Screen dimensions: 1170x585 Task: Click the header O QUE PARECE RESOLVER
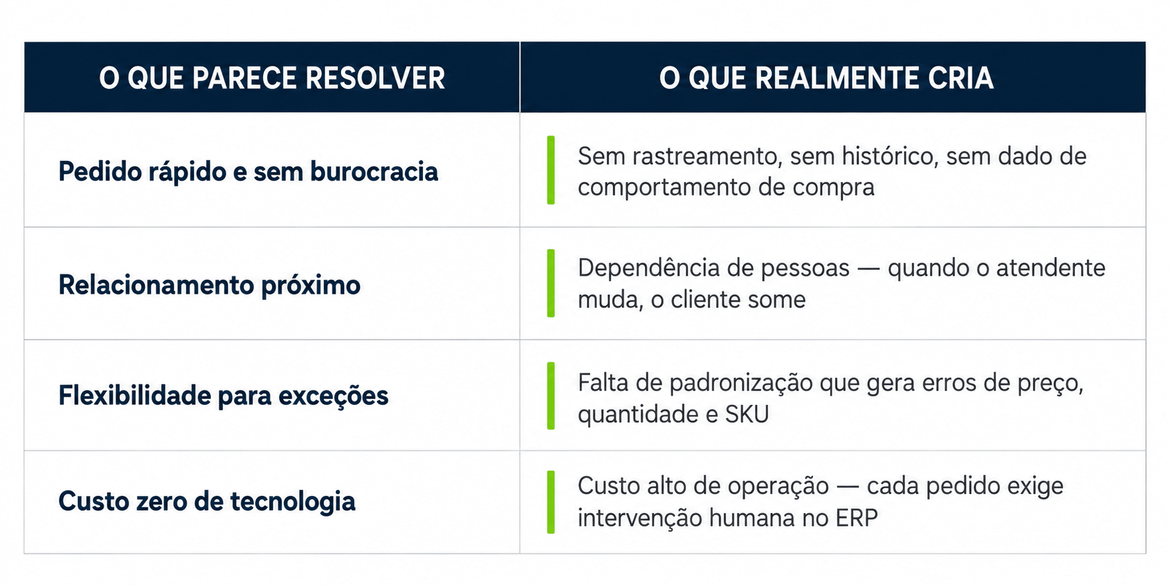pos(272,78)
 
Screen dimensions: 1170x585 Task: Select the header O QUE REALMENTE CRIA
pos(826,78)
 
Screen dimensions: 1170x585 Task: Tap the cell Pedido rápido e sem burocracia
pos(248,171)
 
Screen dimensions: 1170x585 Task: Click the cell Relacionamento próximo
pos(209,285)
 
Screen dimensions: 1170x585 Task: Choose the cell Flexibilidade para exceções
pos(224,396)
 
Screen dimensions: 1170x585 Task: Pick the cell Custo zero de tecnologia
pos(206,501)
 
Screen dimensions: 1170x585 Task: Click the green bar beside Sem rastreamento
pos(551,170)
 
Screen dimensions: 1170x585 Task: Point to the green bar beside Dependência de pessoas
pos(551,283)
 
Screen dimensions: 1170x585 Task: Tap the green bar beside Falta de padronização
pos(551,396)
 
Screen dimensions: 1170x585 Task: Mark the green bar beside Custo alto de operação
pos(551,502)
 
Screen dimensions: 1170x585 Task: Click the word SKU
pos(747,414)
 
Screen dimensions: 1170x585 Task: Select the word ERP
pos(857,518)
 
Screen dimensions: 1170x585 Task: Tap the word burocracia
pos(374,171)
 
